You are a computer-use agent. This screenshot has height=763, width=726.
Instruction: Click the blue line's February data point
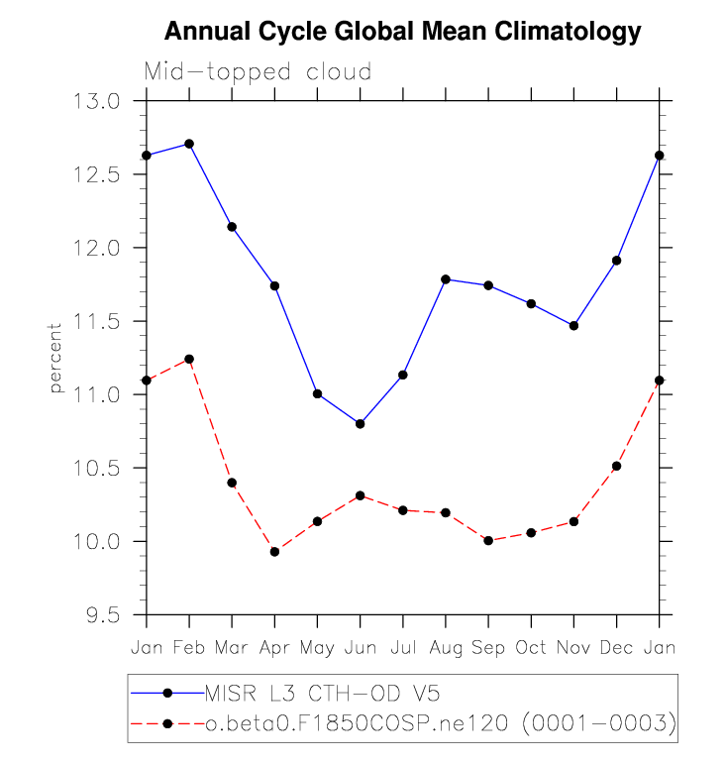[x=189, y=144]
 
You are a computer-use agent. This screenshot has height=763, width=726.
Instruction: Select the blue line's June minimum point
[x=360, y=424]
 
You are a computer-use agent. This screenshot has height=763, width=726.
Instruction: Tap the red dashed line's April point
[x=274, y=552]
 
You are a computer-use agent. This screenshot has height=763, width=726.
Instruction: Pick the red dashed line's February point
[x=189, y=359]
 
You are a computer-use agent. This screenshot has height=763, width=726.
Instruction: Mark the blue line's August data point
[x=446, y=279]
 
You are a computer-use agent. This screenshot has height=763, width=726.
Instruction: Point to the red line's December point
[x=617, y=466]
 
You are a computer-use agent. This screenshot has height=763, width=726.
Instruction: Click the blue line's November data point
[x=573, y=326]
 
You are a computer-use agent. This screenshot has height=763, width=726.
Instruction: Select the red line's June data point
[x=360, y=495]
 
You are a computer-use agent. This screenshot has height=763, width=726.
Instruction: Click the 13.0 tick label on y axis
[x=96, y=102]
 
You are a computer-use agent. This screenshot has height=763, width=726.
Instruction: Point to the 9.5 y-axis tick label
[x=103, y=615]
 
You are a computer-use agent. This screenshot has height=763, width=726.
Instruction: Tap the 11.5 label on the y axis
[x=96, y=322]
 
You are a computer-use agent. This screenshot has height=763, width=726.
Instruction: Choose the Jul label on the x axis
[x=403, y=648]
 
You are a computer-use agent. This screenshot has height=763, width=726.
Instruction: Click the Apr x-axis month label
[x=274, y=649]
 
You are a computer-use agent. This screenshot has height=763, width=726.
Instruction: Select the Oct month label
[x=531, y=648]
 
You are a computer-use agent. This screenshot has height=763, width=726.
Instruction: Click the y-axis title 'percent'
[x=55, y=358]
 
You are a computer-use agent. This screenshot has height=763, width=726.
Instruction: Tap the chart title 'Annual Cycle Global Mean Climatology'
[x=403, y=32]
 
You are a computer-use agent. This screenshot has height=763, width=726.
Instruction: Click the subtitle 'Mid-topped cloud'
[x=258, y=71]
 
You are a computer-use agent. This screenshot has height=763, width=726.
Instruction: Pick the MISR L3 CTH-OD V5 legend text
[x=323, y=694]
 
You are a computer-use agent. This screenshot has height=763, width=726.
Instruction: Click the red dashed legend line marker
[x=167, y=724]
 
